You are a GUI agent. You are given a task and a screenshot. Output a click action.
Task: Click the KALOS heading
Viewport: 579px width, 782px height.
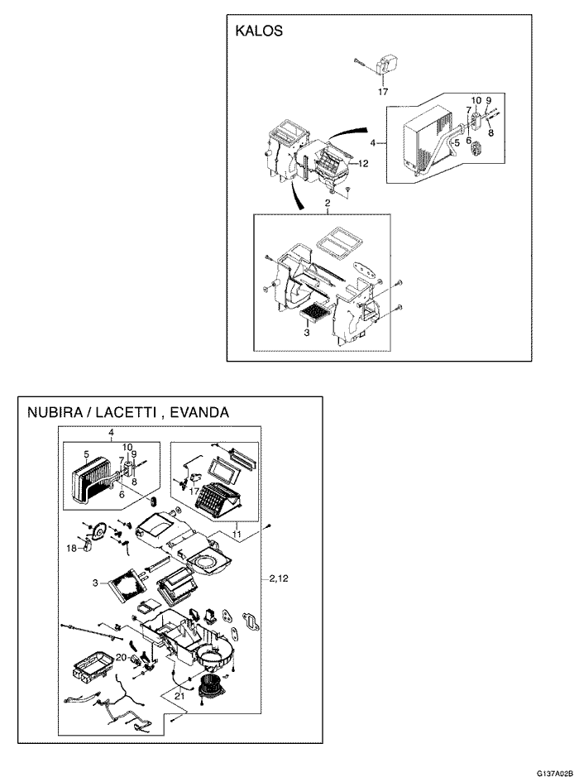click(x=260, y=31)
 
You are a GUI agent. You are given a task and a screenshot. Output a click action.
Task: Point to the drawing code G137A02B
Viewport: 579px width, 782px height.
click(x=554, y=772)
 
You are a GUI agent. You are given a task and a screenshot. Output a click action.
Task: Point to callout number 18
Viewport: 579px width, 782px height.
click(x=71, y=547)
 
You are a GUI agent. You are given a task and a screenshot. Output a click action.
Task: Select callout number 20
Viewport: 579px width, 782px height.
click(x=120, y=657)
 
